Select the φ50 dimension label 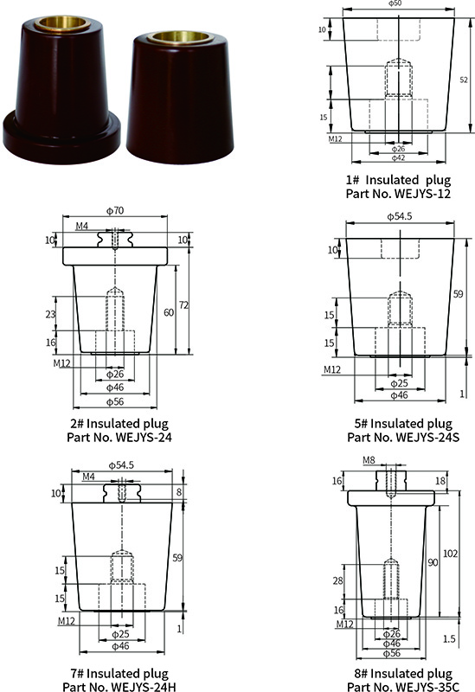point(395,4)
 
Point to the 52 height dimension point(464,80)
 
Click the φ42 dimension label point(397,158)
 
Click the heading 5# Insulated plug point(399,423)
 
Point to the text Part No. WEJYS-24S point(399,437)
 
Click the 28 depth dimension point(337,580)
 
